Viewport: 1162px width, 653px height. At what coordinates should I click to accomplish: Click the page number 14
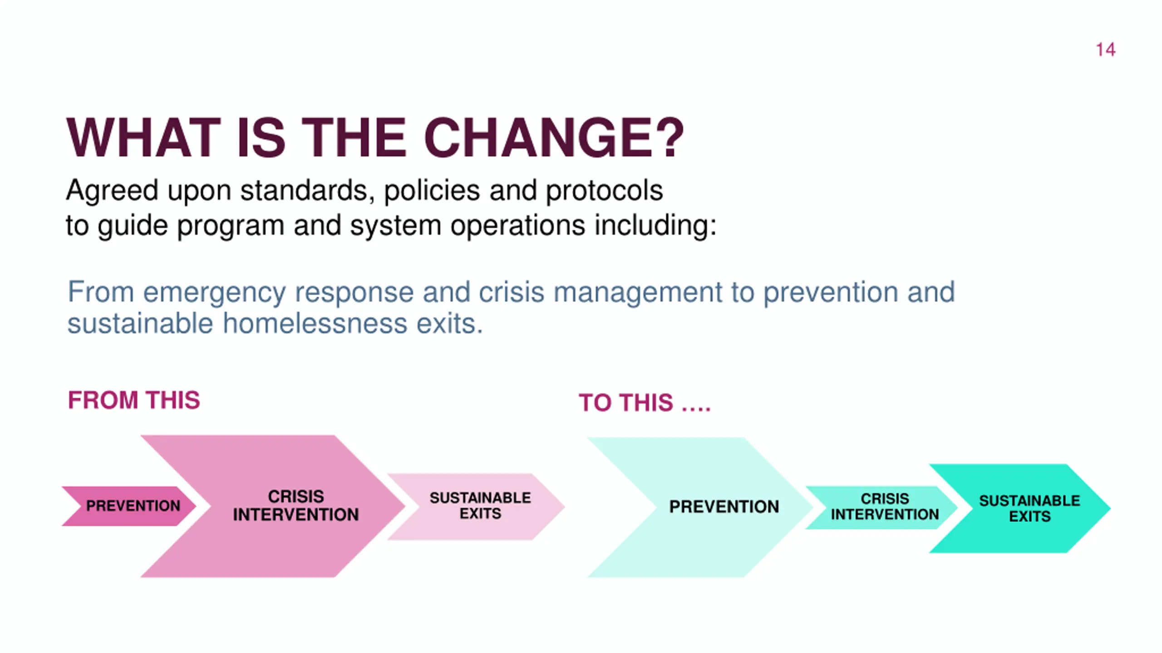1105,50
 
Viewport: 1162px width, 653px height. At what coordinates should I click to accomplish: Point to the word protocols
604,190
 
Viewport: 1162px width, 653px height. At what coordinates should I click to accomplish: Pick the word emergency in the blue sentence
214,292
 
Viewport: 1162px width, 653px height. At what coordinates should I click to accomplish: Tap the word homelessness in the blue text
315,324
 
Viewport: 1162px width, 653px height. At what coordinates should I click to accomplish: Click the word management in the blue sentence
637,292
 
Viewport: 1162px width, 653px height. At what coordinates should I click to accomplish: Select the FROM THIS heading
134,400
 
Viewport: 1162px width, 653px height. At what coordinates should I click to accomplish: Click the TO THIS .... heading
645,403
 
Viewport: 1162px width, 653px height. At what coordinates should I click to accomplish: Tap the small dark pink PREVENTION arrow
133,506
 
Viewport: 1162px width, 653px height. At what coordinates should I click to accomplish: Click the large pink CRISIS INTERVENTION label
296,506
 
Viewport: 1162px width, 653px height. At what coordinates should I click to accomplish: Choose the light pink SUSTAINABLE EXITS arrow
480,506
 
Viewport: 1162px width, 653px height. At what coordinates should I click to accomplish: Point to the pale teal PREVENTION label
724,507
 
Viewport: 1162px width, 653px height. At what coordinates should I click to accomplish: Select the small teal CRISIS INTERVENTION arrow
884,507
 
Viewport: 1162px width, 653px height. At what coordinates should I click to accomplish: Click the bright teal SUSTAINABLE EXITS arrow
1029,508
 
